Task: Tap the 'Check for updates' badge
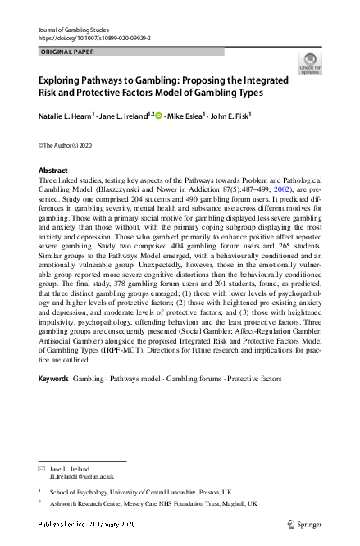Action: [310, 63]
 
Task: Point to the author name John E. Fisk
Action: [247, 117]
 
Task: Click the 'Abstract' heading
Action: [53, 171]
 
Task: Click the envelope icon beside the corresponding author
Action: [42, 467]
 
